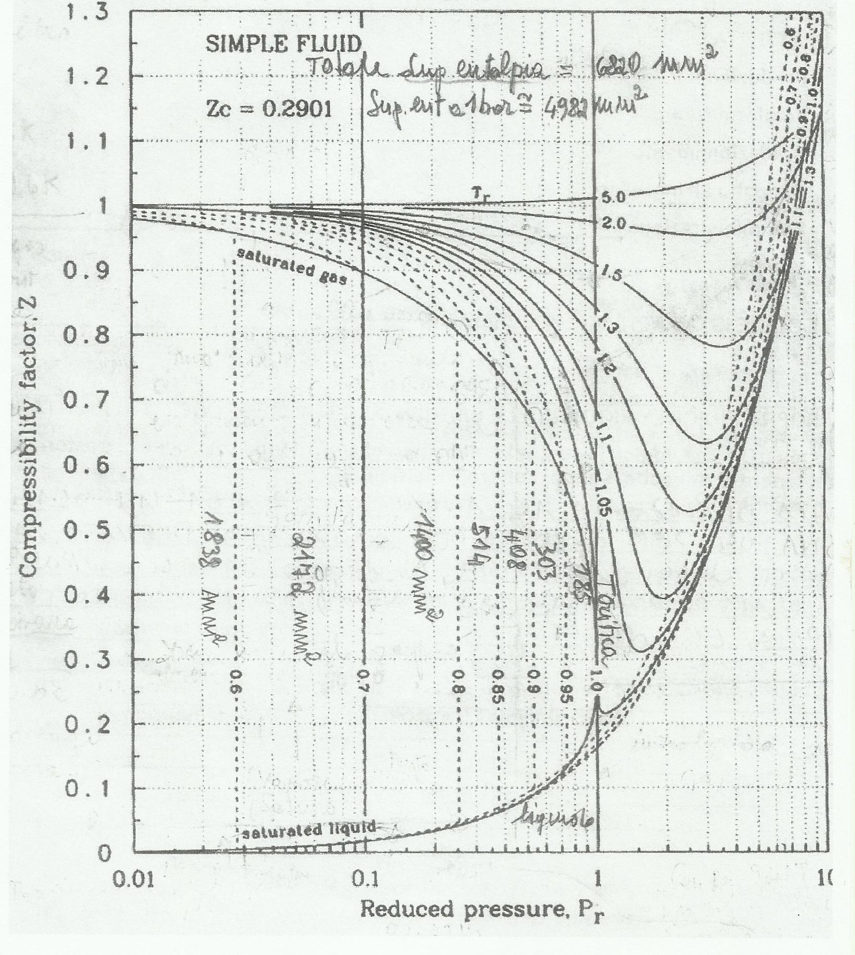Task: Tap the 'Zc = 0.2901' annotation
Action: (268, 111)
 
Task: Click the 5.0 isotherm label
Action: (615, 197)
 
